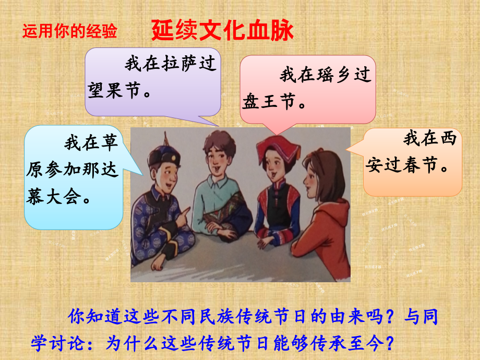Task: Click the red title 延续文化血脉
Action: pyautogui.click(x=222, y=31)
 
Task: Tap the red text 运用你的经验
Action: pyautogui.click(x=70, y=32)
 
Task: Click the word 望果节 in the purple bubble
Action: pyautogui.click(x=115, y=91)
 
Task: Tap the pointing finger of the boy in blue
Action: pyautogui.click(x=183, y=211)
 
